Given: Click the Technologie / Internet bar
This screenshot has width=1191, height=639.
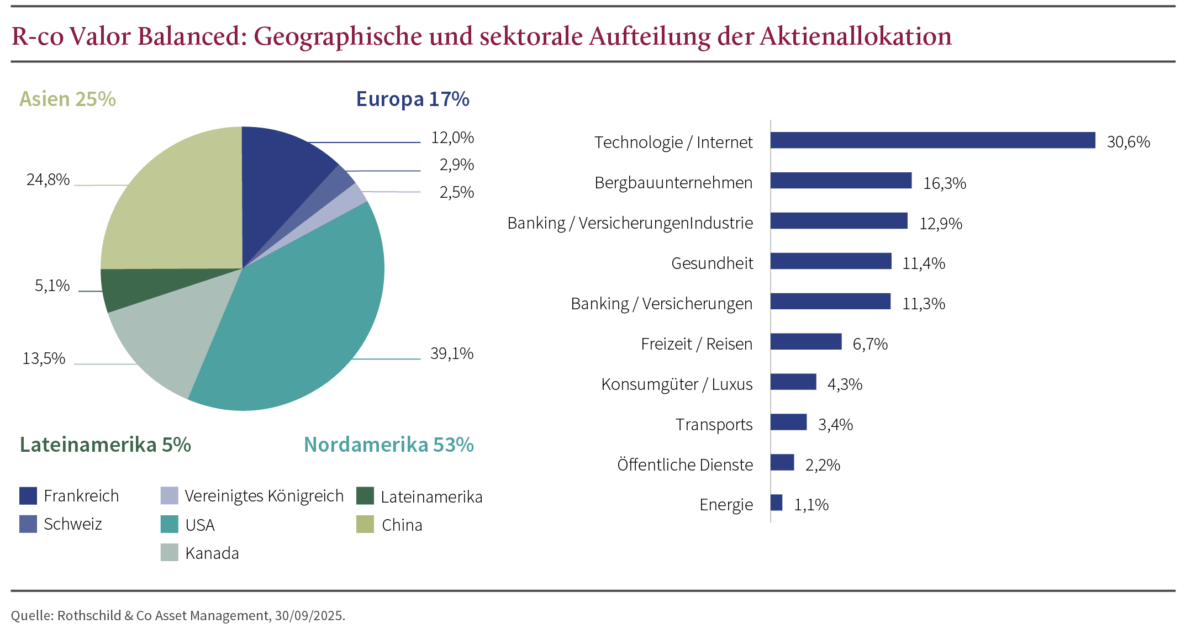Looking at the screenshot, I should (932, 140).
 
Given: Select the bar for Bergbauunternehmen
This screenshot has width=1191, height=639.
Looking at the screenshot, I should (841, 181).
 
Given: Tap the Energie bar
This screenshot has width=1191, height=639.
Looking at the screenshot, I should (776, 503).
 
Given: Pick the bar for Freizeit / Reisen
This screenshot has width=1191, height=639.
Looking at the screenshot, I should (806, 342).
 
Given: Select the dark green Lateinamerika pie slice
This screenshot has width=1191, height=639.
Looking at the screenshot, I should (144, 287).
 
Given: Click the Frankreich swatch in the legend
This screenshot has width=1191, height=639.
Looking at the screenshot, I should (28, 496).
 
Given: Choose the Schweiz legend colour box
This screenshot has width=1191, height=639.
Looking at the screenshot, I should (28, 524).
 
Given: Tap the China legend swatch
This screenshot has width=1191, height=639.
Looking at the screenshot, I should (365, 525).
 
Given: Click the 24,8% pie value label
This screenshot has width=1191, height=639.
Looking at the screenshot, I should (48, 180).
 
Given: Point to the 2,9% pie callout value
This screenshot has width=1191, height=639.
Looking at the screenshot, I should (457, 165).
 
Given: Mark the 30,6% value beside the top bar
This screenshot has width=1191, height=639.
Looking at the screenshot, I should (1128, 142).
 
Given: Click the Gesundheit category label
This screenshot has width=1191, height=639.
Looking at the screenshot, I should (712, 263).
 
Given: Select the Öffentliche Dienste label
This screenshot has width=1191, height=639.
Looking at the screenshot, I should (684, 465).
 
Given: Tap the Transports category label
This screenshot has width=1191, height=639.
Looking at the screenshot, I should (714, 425).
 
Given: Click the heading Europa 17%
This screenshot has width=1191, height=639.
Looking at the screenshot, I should (413, 99).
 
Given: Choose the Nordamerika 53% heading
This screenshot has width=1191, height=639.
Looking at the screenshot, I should (389, 445).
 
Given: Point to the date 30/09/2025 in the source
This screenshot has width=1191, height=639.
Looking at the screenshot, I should (309, 616).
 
